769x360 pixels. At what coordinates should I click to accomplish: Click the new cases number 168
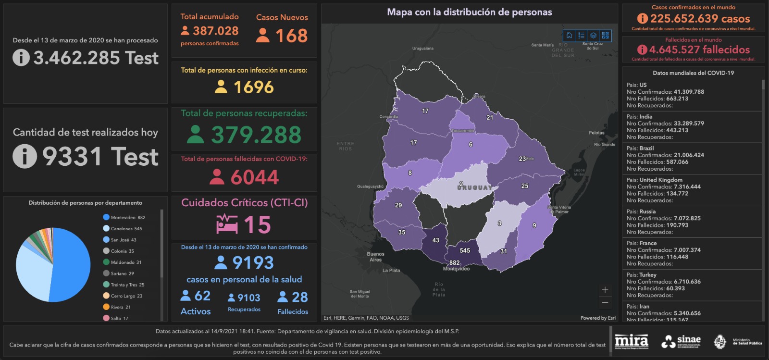click(x=291, y=36)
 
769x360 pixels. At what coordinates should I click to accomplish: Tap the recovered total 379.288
click(x=256, y=135)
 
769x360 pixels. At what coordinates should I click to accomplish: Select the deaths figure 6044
click(x=255, y=177)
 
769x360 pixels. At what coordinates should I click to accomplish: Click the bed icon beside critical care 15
click(x=227, y=224)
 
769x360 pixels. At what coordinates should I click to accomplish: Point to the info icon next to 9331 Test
click(x=25, y=157)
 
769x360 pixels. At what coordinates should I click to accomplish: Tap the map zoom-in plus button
click(x=605, y=290)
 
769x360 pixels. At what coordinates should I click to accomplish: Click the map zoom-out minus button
click(x=605, y=303)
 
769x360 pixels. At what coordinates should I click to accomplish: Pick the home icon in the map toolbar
click(x=569, y=35)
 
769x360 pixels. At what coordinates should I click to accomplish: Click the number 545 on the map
click(x=465, y=250)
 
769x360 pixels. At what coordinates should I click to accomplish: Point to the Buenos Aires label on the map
click(x=375, y=257)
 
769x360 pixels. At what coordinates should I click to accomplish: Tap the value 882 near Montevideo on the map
click(x=454, y=263)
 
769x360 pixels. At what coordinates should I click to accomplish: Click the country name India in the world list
click(x=646, y=117)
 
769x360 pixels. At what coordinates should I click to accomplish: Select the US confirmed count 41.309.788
click(x=689, y=92)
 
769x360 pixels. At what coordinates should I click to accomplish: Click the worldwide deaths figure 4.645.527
click(x=699, y=50)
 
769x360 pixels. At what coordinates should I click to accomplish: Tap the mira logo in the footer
click(x=632, y=341)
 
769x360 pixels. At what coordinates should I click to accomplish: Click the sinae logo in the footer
click(x=681, y=341)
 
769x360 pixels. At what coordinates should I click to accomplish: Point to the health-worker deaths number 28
click(x=300, y=297)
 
